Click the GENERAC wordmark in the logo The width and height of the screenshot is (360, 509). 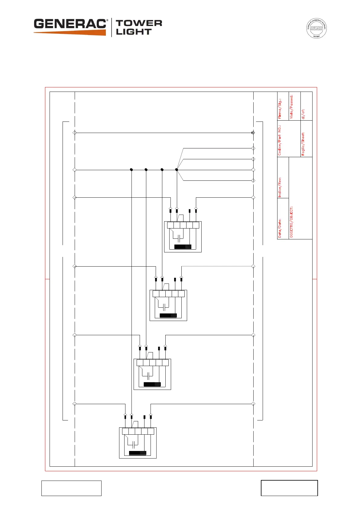[x=70, y=24]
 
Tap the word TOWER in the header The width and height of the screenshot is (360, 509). [x=139, y=23]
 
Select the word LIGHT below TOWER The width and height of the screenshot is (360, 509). [x=134, y=32]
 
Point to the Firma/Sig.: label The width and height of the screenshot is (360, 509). [x=280, y=108]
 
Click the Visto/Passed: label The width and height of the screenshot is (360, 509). [x=292, y=106]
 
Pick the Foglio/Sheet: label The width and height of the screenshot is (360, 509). [x=303, y=144]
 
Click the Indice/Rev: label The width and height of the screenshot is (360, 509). [x=280, y=187]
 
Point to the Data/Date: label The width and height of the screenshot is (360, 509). [x=280, y=228]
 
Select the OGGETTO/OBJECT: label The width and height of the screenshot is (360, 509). [x=292, y=222]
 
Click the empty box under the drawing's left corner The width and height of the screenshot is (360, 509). [x=71, y=488]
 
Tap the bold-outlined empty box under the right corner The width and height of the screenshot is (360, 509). [x=289, y=488]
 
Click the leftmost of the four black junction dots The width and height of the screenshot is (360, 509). [x=131, y=170]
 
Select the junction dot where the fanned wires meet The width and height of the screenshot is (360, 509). [x=177, y=170]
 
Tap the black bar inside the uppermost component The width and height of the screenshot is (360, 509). [x=183, y=247]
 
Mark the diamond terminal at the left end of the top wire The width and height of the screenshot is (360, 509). [x=75, y=133]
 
